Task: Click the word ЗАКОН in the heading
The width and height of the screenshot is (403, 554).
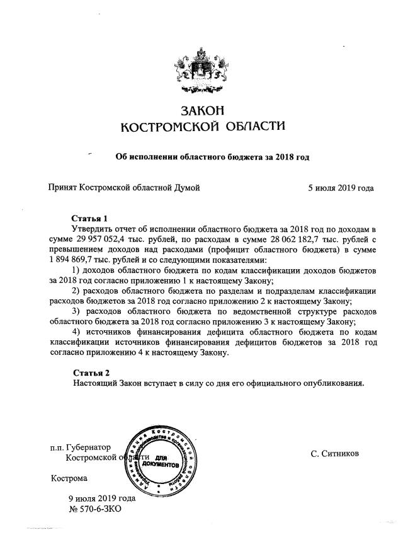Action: click(x=201, y=111)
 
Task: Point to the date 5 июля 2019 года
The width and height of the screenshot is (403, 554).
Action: click(x=341, y=187)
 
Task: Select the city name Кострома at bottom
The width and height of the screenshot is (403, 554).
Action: click(x=69, y=478)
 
